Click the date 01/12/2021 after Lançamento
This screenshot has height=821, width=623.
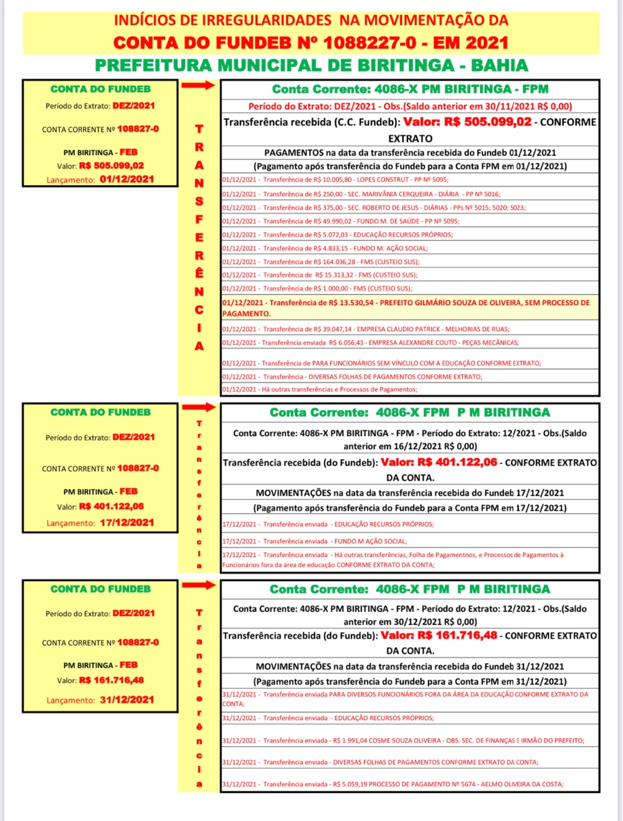click(x=127, y=179)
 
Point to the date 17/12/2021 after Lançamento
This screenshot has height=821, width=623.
click(x=127, y=523)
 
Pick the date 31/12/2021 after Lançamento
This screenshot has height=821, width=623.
click(x=127, y=700)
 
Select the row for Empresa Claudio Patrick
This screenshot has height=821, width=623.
click(x=366, y=329)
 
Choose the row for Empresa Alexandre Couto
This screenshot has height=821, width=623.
click(x=370, y=343)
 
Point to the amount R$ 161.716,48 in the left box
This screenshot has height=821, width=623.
click(x=112, y=680)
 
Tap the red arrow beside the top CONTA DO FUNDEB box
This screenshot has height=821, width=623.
click(x=199, y=85)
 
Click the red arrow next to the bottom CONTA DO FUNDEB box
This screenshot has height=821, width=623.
click(x=199, y=585)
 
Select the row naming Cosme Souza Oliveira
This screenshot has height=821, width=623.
click(x=403, y=741)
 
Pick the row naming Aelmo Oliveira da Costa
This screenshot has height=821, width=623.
click(x=392, y=784)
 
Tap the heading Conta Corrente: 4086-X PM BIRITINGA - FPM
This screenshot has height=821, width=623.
click(x=410, y=89)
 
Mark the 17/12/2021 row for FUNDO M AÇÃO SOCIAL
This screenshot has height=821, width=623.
click(x=315, y=541)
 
